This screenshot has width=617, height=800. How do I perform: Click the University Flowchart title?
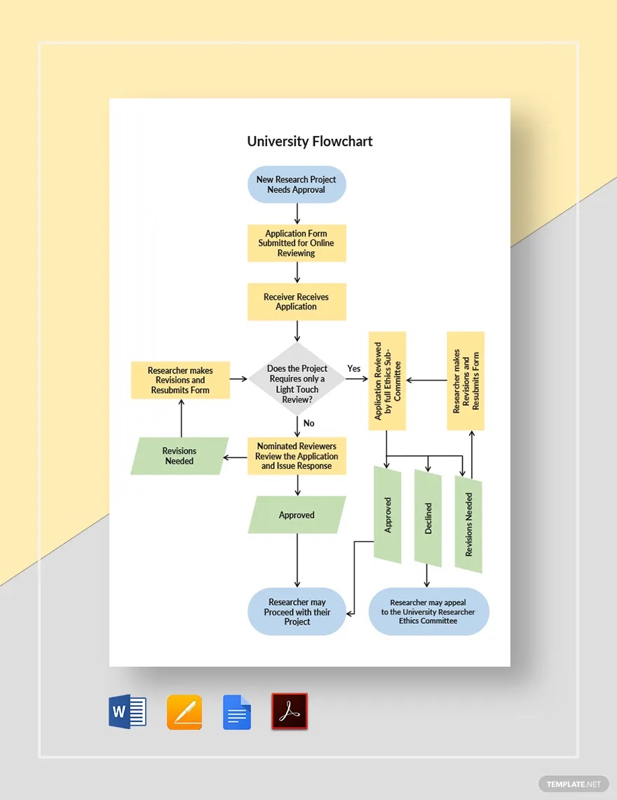(309, 141)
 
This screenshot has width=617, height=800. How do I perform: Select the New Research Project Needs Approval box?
(297, 185)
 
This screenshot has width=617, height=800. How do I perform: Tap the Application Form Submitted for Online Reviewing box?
(297, 244)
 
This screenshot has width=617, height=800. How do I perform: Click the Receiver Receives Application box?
(297, 302)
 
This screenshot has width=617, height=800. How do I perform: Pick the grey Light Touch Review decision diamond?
(297, 379)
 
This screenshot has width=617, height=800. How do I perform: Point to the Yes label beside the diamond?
(354, 368)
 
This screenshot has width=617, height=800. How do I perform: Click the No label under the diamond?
(308, 423)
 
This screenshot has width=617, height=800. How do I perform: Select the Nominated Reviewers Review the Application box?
(297, 456)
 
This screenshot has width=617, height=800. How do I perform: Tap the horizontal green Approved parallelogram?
(297, 515)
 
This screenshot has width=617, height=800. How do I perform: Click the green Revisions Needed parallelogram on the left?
(179, 456)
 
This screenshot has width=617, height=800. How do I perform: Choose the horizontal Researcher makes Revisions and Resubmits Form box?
(180, 380)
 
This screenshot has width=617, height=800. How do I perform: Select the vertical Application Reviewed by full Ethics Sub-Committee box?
(387, 381)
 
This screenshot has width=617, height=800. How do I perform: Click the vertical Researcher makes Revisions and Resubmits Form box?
(466, 381)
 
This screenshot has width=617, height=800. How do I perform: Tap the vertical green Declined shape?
(428, 519)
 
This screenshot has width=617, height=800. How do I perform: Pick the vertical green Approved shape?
(388, 515)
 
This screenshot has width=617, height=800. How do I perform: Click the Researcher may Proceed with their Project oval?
(297, 612)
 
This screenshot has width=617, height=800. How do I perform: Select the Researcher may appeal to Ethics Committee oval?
(428, 612)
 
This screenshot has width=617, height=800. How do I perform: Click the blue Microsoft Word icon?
(127, 712)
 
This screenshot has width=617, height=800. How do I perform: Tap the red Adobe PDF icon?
(289, 712)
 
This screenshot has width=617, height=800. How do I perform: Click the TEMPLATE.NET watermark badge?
(574, 784)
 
